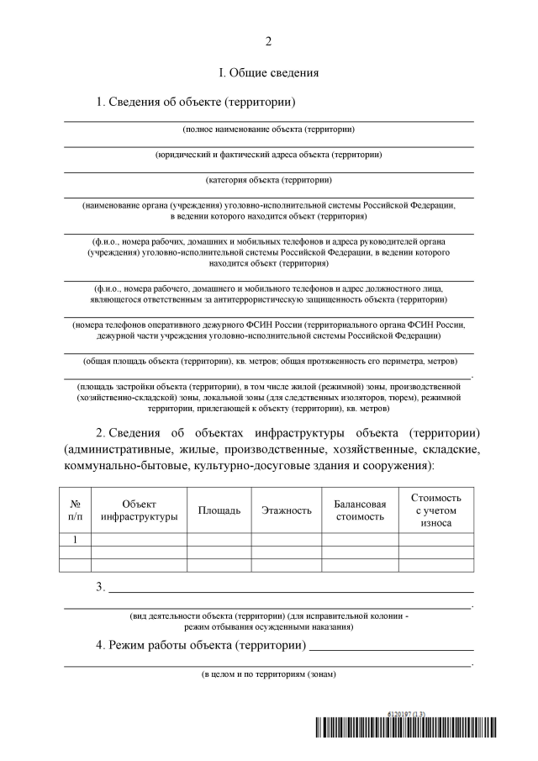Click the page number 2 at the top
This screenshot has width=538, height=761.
coord(269,42)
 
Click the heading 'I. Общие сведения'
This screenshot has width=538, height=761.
coord(269,73)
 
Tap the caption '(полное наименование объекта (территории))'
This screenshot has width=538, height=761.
coord(269,129)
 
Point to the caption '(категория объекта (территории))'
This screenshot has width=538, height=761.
coord(269,180)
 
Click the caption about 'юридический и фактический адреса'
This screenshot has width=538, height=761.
coord(269,155)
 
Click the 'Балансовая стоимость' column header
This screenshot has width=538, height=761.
coord(360,510)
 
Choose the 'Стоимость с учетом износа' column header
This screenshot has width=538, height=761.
coord(435,510)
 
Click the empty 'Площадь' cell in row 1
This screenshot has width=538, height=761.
coord(219,539)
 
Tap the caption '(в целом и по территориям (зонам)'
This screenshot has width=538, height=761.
coord(269,674)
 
